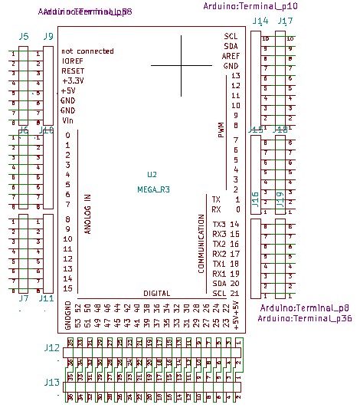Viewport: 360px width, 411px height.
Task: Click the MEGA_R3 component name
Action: (x=152, y=189)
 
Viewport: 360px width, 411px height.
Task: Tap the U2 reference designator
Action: (x=152, y=176)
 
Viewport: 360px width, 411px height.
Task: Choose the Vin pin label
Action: (x=67, y=120)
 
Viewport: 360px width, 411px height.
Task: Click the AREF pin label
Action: (x=231, y=56)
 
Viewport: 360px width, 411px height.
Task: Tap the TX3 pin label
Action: (x=219, y=224)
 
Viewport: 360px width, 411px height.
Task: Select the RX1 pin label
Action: (x=219, y=274)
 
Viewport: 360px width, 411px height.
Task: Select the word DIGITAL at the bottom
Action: (x=156, y=294)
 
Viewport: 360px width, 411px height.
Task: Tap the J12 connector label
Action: (x=52, y=348)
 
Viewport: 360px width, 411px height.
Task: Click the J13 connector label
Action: (x=52, y=381)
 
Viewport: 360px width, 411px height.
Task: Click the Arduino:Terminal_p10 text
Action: (x=250, y=6)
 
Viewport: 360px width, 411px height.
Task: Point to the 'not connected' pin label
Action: (x=87, y=51)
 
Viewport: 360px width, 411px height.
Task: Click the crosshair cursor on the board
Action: (x=181, y=65)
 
